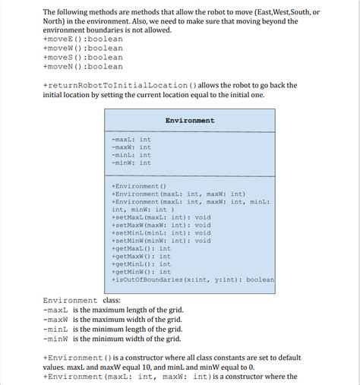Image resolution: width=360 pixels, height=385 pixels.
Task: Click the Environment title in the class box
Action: [x=190, y=120]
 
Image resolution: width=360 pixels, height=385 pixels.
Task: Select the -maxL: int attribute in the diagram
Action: [x=131, y=140]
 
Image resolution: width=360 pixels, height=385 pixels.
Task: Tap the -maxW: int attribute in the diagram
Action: [x=131, y=147]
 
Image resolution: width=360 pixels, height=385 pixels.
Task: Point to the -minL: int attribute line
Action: [x=131, y=155]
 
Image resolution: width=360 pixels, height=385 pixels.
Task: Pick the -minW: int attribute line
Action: [x=131, y=163]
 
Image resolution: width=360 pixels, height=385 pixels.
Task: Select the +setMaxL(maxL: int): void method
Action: [x=161, y=217]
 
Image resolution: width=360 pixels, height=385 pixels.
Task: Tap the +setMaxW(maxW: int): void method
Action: [x=161, y=225]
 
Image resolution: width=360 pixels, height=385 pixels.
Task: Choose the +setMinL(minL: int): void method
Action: [x=161, y=232]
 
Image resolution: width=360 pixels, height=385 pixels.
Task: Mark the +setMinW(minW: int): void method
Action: [x=161, y=241]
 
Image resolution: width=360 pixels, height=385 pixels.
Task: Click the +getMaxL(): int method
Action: [x=141, y=248]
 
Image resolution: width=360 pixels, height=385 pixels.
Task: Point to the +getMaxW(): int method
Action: [x=141, y=256]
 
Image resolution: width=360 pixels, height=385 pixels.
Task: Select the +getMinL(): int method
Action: [x=141, y=264]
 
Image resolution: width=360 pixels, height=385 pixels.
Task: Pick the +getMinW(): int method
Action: [x=141, y=272]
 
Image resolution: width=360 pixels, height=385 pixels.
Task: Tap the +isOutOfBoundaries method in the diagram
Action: [x=193, y=279]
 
